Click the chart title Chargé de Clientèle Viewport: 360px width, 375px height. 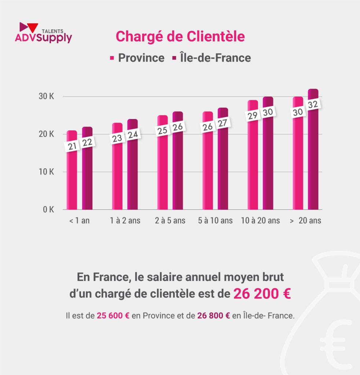pos(180,37)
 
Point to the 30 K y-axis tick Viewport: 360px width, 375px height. pos(47,97)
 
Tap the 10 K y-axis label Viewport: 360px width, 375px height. pos(47,172)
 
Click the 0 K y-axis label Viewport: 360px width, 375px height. pos(48,210)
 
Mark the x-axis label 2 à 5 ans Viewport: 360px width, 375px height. pos(170,221)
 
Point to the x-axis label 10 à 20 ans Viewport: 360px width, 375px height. pos(261,221)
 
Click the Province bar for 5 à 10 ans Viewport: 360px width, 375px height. pos(207,172)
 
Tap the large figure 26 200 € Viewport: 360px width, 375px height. pos(262,294)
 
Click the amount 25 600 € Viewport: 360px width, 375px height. pos(113,316)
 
